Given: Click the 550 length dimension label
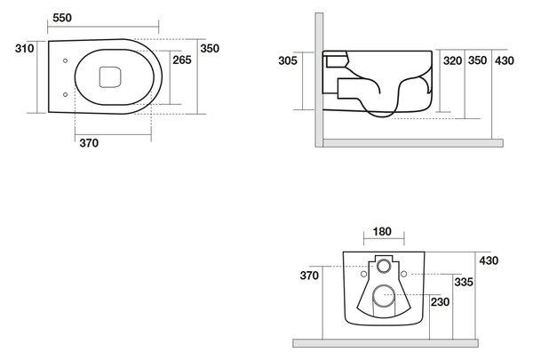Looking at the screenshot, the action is pyautogui.click(x=62, y=18).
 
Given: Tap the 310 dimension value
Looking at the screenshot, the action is pyautogui.click(x=25, y=48).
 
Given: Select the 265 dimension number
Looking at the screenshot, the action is pyautogui.click(x=182, y=60).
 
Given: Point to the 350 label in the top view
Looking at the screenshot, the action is pyautogui.click(x=210, y=48).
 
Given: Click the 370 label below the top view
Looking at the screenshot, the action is pyautogui.click(x=89, y=143).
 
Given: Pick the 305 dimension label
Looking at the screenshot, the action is pyautogui.click(x=288, y=60).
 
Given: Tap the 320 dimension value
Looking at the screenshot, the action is pyautogui.click(x=453, y=60).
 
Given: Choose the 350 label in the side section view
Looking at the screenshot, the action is pyautogui.click(x=478, y=60).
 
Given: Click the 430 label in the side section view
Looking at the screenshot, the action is pyautogui.click(x=505, y=60).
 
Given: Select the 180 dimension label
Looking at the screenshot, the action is pyautogui.click(x=382, y=231).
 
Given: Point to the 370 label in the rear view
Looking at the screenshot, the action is pyautogui.click(x=309, y=276).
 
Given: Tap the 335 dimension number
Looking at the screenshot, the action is pyautogui.click(x=464, y=282).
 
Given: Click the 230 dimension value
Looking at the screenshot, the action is pyautogui.click(x=441, y=302).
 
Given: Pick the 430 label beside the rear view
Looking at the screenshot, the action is pyautogui.click(x=489, y=260).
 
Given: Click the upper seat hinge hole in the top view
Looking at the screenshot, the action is pyautogui.click(x=65, y=60).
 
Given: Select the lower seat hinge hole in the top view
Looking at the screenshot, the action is pyautogui.click(x=65, y=94).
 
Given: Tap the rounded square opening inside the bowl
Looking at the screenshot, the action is pyautogui.click(x=110, y=77).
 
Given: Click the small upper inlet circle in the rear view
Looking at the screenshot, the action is pyautogui.click(x=384, y=266).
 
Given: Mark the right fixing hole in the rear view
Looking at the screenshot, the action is pyautogui.click(x=404, y=274).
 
